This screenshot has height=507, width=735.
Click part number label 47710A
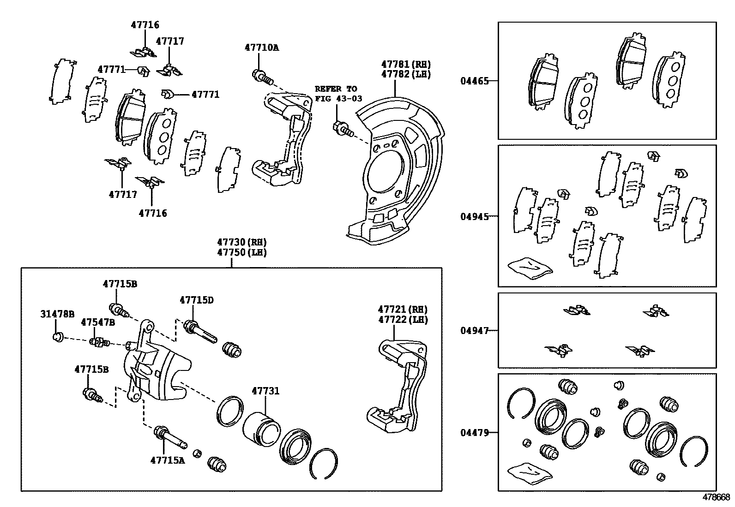tap(261, 48)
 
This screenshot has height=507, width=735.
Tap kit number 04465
tap(474, 81)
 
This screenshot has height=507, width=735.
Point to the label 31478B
tap(57, 314)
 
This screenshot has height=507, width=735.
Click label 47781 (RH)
tap(405, 64)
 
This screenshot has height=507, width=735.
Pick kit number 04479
tap(474, 433)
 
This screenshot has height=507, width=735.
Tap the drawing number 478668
tap(716, 497)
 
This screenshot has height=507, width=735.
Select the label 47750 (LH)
tap(242, 252)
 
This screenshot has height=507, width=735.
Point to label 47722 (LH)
tap(403, 320)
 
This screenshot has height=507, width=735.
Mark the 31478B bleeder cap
tap(58, 336)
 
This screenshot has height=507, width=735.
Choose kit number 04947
tap(474, 330)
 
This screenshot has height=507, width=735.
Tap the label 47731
tap(265, 391)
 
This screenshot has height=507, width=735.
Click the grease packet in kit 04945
tap(530, 268)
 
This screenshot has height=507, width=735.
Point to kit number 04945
tap(474, 216)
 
